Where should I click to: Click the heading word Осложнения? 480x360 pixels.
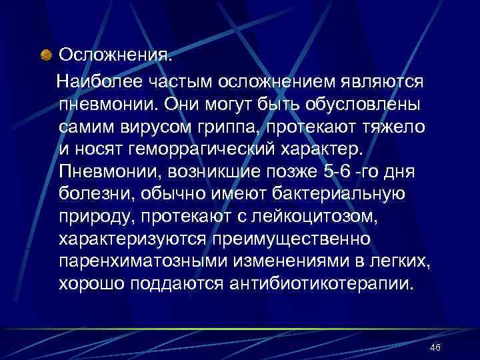[115, 53]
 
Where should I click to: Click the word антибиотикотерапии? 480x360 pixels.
[321, 285]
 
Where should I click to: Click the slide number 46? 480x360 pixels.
[436, 348]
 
